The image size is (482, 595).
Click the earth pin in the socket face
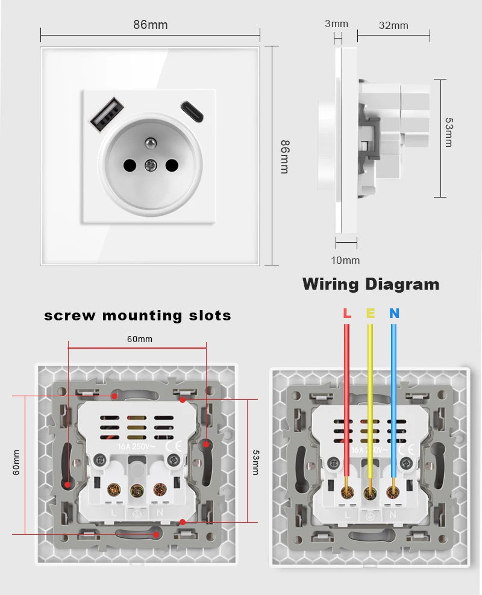click(x=148, y=143)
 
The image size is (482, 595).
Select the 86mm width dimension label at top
click(x=150, y=25)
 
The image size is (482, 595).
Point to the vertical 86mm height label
click(x=284, y=157)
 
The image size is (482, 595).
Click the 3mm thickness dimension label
click(x=336, y=23)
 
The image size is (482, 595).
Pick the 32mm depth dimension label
click(x=393, y=25)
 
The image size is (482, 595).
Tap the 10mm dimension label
click(x=346, y=260)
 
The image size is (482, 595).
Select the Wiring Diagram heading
click(x=371, y=284)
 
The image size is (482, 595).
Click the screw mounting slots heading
click(x=137, y=315)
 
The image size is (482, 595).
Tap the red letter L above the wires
click(x=346, y=313)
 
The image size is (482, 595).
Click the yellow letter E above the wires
click(x=370, y=313)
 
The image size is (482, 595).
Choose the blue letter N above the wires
click(x=393, y=313)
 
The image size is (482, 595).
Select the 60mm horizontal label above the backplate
click(x=139, y=339)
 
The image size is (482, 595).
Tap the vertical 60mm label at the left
click(x=16, y=463)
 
